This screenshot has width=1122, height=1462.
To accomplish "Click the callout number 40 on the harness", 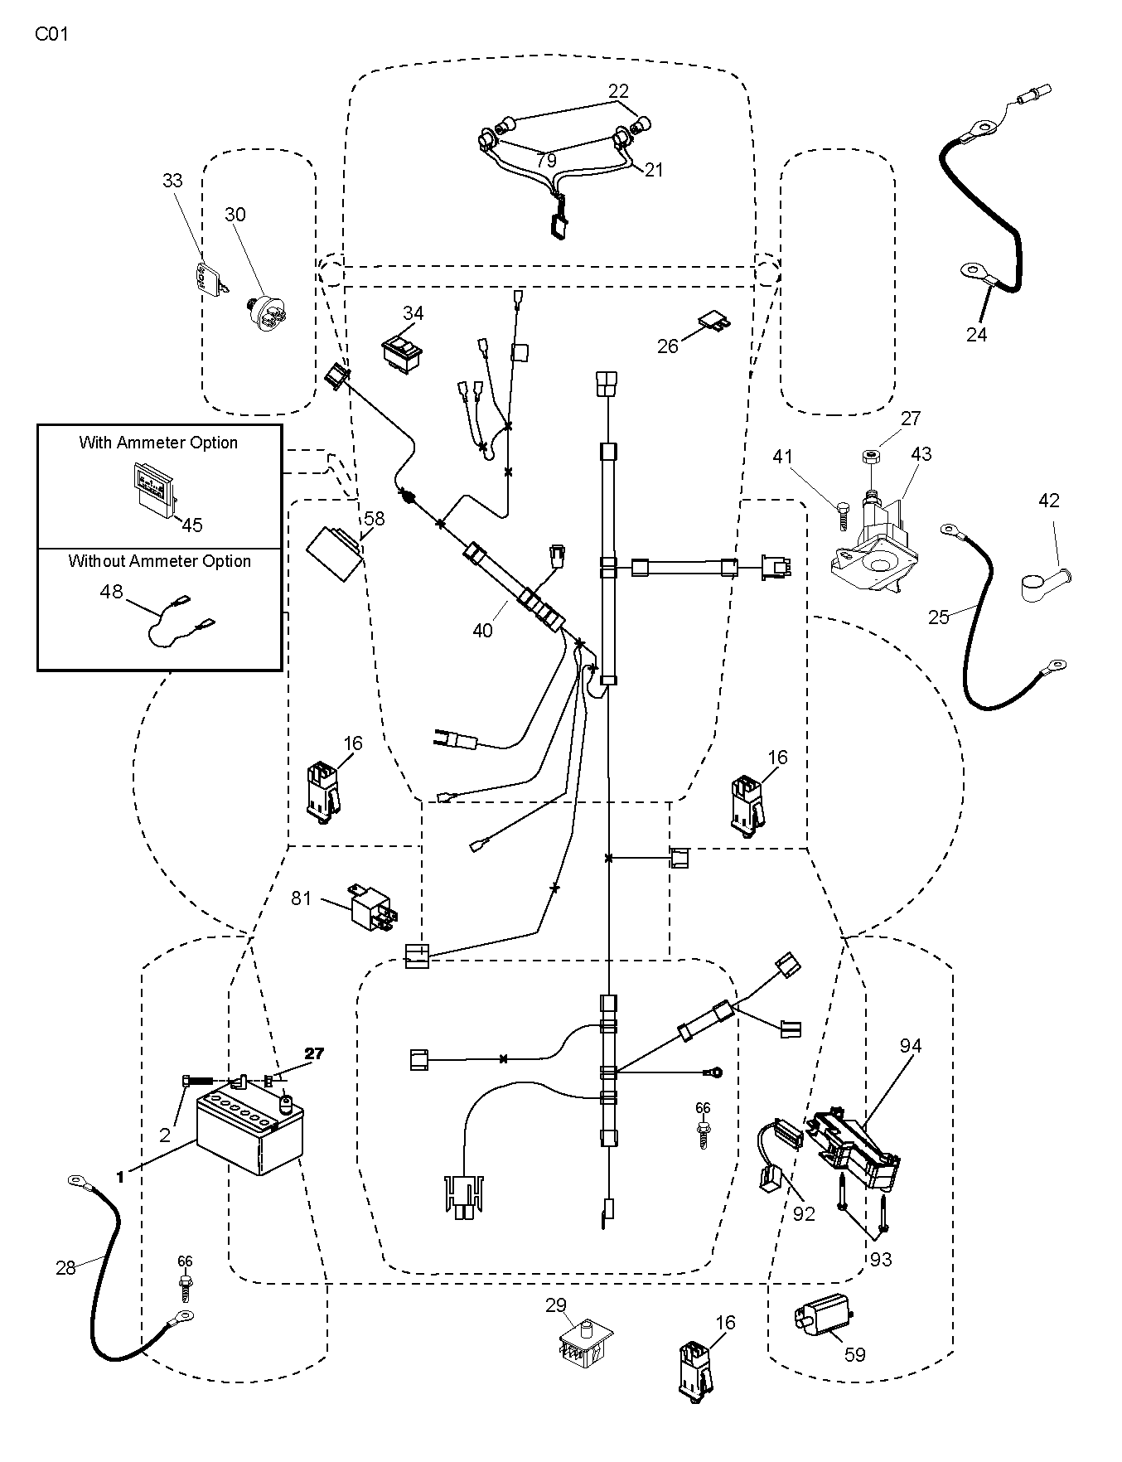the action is (482, 630).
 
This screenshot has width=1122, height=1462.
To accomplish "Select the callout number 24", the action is (977, 333).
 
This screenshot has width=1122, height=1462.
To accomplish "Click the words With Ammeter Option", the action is (158, 443).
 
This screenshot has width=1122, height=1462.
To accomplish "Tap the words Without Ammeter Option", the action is (159, 561).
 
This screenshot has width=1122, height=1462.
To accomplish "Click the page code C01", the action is (51, 35).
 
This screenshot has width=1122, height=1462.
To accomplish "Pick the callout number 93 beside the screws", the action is (881, 1260).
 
